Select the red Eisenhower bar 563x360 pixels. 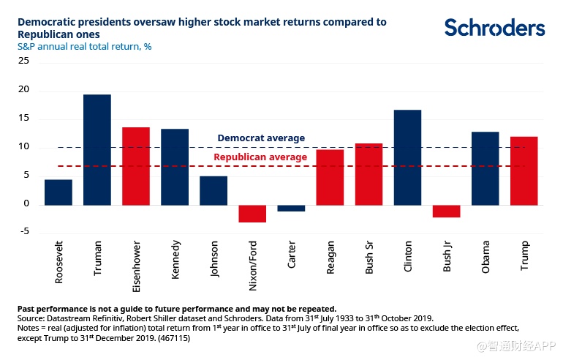point(136,166)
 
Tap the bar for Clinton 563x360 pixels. point(408,157)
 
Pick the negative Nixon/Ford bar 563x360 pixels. point(252,213)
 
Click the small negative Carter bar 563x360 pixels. point(291,208)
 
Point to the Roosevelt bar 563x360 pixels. point(58,192)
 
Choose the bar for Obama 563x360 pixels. point(485,168)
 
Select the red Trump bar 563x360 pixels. point(524,170)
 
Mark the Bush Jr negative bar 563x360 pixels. point(447,211)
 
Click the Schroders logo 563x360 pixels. point(495,28)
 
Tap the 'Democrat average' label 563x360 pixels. point(261,138)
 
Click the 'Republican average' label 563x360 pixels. point(260,157)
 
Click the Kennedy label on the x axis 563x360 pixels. point(175,258)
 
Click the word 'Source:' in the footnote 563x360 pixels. point(31,320)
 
